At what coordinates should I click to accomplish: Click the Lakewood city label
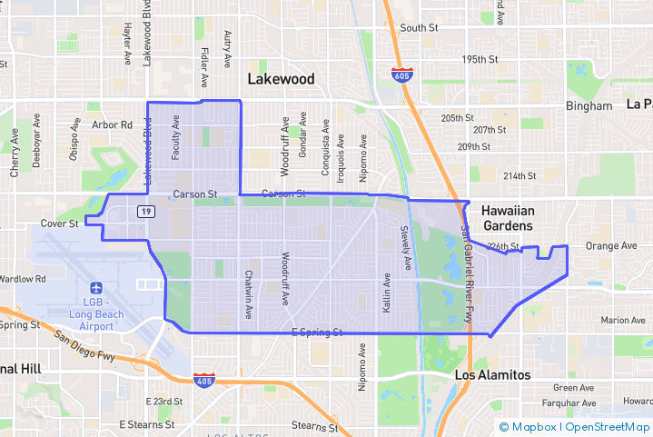point(282,79)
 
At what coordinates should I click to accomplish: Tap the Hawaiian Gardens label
point(510,217)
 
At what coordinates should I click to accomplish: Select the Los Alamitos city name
point(492,374)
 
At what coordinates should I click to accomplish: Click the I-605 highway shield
point(401,74)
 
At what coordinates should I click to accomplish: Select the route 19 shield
point(145,211)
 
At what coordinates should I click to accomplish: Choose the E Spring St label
point(316,333)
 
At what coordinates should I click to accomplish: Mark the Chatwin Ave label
point(248,292)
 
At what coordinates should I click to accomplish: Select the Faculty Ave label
point(176,137)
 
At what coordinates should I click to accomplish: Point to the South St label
point(419,28)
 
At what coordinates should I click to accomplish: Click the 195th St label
point(480,59)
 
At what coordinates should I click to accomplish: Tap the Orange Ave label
point(611,245)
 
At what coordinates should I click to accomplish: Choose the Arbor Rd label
point(113,124)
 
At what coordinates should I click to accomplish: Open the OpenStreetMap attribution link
point(608,426)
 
